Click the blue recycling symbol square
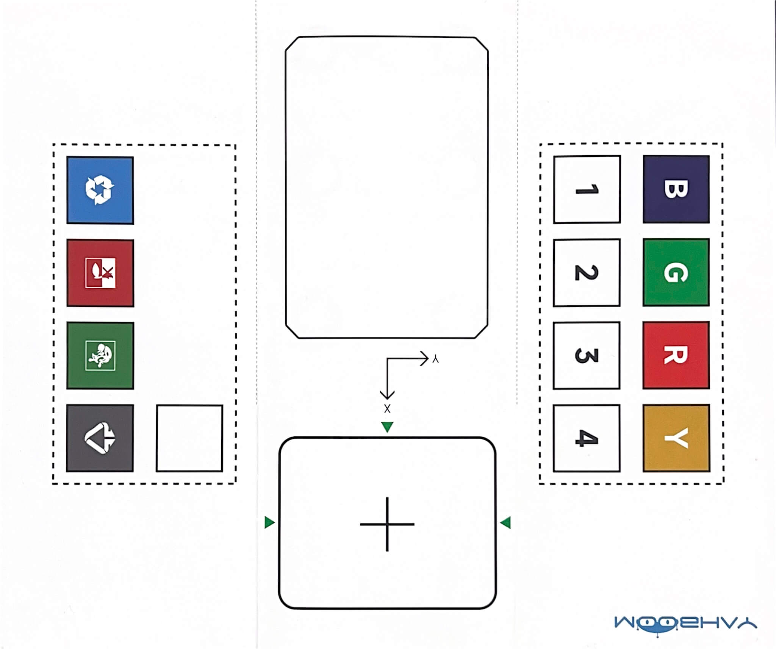coord(100,190)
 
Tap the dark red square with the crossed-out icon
coord(100,273)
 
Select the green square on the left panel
coord(100,355)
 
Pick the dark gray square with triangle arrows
coord(100,438)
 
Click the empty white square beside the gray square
coord(189,438)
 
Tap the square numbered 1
coord(587,189)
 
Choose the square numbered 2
coord(587,272)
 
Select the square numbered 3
coord(587,355)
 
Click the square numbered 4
coord(587,438)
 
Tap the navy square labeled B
coord(676,189)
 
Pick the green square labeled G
coord(676,272)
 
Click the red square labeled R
coord(676,355)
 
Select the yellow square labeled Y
coord(676,438)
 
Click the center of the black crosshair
coord(387,524)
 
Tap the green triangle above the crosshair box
coord(387,427)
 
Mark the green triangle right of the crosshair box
coord(505,523)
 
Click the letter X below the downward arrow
coord(387,409)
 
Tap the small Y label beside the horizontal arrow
coord(435,359)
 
